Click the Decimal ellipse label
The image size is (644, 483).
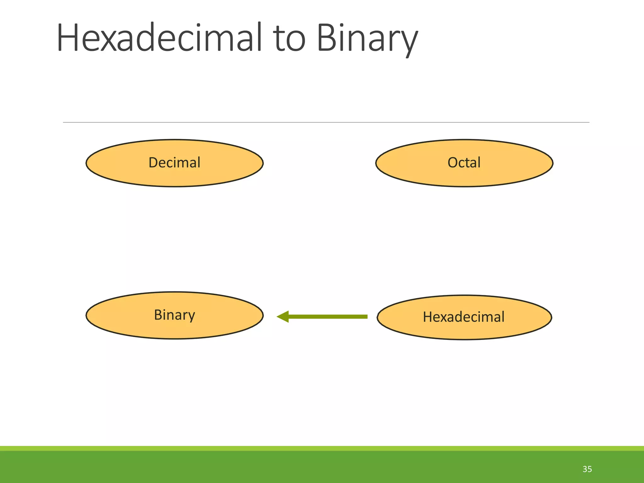(174, 163)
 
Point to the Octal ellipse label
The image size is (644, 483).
(464, 163)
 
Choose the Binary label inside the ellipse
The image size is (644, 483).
(174, 315)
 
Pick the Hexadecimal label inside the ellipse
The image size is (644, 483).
(464, 317)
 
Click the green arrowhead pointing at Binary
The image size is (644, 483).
(283, 317)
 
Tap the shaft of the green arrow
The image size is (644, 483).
(327, 317)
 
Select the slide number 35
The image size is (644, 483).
(587, 469)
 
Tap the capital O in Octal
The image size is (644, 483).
(453, 163)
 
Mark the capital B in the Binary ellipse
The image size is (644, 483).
(158, 315)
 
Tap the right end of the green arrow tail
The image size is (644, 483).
(366, 317)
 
